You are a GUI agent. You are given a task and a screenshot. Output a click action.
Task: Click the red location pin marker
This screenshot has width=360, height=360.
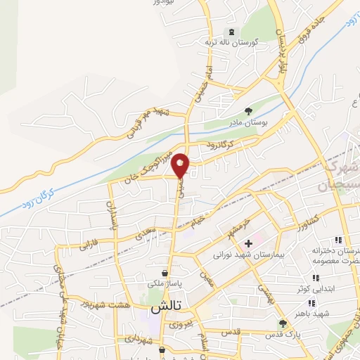click(x=181, y=165)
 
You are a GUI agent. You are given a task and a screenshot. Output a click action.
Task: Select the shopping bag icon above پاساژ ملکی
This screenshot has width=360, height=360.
click(x=165, y=273)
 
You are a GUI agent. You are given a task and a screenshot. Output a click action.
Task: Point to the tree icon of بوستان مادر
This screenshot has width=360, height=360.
click(x=247, y=110)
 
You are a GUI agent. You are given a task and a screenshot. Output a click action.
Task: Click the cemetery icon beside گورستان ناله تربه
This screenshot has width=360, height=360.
click(x=231, y=32)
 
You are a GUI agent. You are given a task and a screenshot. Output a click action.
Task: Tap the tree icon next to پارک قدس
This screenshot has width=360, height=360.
click(x=283, y=323)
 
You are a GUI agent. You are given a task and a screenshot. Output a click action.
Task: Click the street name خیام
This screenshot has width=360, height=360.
click(x=201, y=221)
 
